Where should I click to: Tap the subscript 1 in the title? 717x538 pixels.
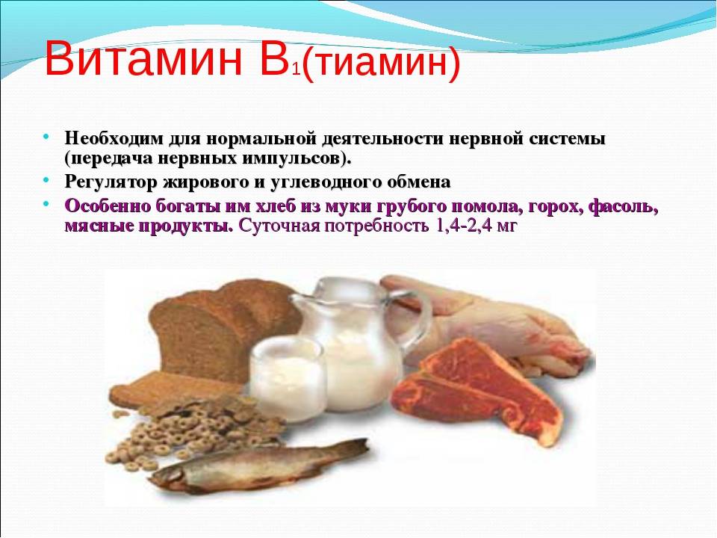tap(297, 70)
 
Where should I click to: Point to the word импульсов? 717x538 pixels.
tap(289, 158)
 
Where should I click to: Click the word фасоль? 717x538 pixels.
tap(623, 206)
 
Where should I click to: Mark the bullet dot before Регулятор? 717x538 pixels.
tap(46, 180)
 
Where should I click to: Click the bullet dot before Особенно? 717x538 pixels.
tap(46, 202)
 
